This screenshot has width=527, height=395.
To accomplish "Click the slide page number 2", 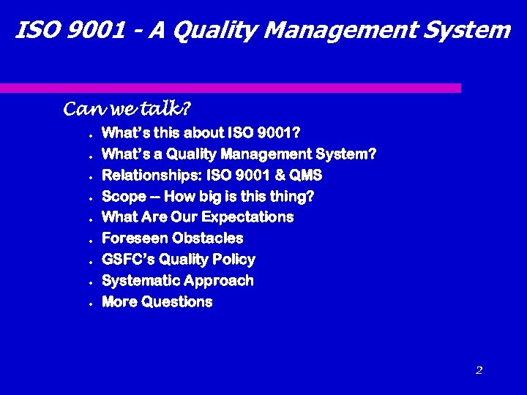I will click(x=479, y=370).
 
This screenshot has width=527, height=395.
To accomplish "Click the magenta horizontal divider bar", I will click(x=231, y=88).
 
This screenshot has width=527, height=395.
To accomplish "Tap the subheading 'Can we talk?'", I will click(x=127, y=110).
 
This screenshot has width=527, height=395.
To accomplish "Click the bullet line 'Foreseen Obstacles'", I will click(x=172, y=238).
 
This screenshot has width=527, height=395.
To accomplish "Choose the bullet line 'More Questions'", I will click(x=157, y=302).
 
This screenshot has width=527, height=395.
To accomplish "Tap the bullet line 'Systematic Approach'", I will click(x=178, y=281).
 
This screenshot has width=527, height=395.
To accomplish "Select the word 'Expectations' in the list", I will click(x=247, y=217).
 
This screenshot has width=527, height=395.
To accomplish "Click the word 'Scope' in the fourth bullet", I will click(x=124, y=197).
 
